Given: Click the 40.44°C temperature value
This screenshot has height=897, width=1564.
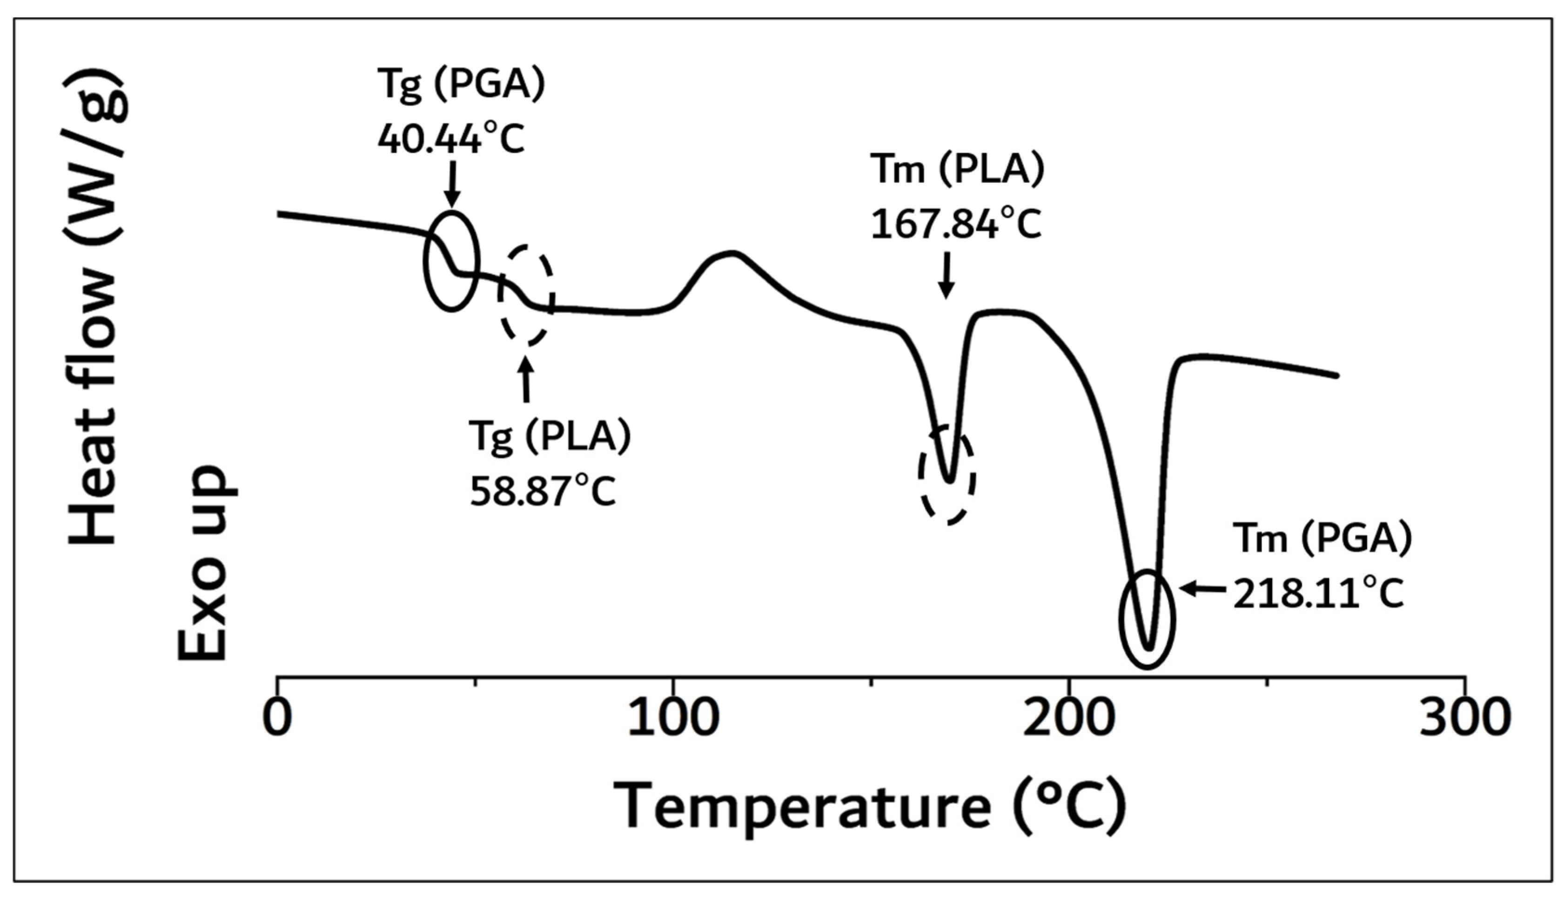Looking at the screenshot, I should coord(451,140).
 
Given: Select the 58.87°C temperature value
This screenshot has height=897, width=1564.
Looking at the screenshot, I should coord(543,492).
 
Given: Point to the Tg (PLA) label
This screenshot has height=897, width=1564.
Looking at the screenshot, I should coord(550,437).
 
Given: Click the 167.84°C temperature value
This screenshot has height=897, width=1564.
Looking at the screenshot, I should coord(956,224).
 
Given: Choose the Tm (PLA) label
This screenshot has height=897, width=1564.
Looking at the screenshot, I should coord(958,169).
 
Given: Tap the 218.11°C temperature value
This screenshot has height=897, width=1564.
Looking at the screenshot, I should coord(1318,595).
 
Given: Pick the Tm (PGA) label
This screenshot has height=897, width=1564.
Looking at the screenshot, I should coord(1322,540).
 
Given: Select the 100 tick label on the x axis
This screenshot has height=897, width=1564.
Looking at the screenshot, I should coord(673,718).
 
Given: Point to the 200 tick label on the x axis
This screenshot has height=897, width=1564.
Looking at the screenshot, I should coord(1069,718).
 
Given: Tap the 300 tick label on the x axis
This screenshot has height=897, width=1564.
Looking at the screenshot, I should coord(1465,718).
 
